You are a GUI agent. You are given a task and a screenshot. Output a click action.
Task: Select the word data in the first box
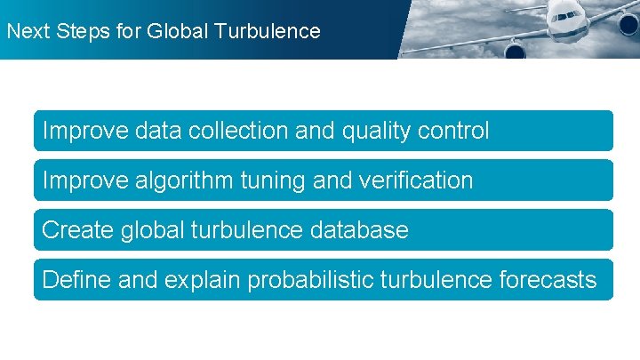click(x=157, y=132)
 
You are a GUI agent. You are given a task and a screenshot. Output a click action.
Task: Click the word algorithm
click(x=184, y=180)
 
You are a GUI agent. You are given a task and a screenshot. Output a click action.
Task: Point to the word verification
click(x=417, y=180)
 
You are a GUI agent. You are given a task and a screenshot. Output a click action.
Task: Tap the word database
click(x=360, y=230)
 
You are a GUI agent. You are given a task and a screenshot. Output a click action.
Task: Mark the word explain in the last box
click(x=203, y=280)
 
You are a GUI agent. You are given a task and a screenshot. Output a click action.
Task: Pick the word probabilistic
click(x=311, y=280)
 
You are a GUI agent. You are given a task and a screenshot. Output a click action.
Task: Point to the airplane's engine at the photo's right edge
click(x=628, y=22)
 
